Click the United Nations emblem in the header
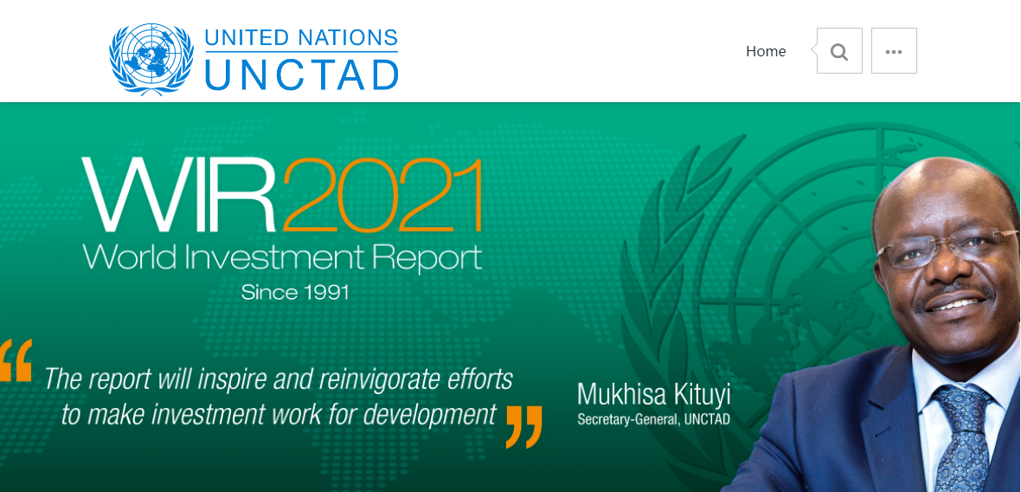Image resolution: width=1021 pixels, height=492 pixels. [151, 59]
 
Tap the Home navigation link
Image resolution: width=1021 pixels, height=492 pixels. [766, 51]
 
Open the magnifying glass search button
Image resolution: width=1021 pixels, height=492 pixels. [839, 51]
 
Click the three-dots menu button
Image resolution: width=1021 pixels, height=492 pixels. [894, 51]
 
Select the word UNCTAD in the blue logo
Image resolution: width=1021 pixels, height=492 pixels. [301, 74]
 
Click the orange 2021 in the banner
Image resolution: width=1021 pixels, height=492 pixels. [382, 195]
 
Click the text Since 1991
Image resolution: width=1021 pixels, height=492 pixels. [295, 292]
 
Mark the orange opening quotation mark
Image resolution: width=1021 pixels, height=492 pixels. [16, 359]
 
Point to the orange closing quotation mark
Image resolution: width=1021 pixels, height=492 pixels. [523, 427]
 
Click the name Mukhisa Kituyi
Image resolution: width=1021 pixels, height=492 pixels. [654, 395]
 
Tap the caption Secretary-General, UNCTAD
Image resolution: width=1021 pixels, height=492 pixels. [654, 419]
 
